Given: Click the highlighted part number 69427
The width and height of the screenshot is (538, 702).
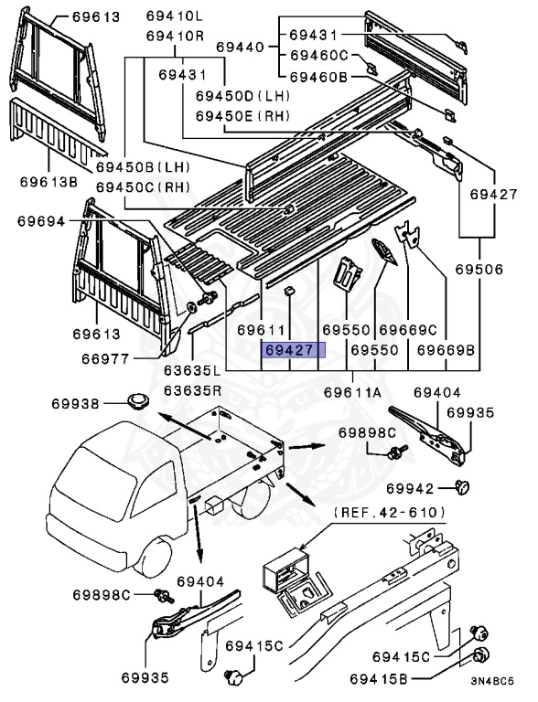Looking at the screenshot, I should coord(289,350).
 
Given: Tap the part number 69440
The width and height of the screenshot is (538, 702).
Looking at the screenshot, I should coord(240,47).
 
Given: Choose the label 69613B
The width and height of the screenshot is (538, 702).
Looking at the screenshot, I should coord(48,180).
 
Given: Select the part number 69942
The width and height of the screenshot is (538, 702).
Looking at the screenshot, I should coord(414,488).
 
